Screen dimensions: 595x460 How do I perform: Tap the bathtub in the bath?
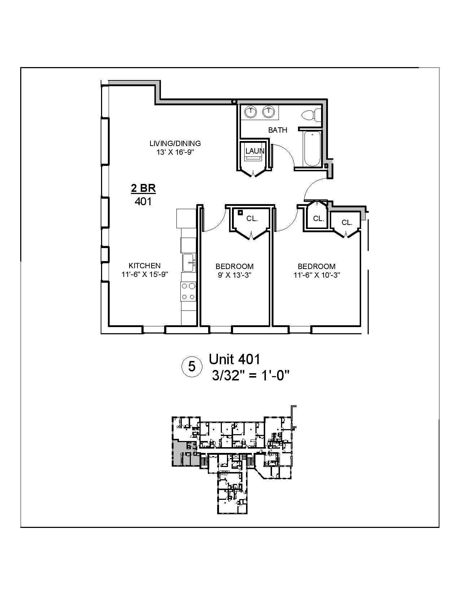point(311,149)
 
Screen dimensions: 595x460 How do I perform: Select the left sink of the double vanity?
point(250,112)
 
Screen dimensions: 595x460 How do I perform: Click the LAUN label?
point(255,151)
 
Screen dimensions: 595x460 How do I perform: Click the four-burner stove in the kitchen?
point(188,291)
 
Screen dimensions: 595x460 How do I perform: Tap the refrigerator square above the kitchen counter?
point(185,219)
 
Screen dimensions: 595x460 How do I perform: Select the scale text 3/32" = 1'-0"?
point(251,376)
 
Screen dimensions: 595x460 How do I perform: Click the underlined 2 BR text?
point(143,188)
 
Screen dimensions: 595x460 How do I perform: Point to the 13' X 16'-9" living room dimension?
point(175,152)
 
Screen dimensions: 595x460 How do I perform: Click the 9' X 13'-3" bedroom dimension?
point(235,275)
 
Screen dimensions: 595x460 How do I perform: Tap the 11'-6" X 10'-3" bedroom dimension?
point(317,275)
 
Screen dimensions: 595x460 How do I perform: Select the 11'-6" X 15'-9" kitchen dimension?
point(145,274)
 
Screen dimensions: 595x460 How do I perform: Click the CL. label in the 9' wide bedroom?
point(252,219)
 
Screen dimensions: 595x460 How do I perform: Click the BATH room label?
point(277,130)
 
